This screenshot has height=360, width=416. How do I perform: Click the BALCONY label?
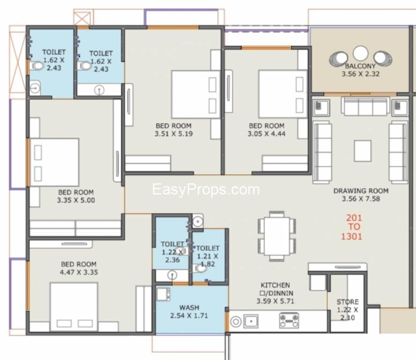[360, 66]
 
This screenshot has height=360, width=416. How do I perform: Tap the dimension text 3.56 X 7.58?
[361, 199]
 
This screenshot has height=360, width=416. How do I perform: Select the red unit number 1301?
[351, 236]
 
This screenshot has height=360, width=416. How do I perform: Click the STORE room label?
[348, 301]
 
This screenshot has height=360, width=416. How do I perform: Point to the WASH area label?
[189, 307]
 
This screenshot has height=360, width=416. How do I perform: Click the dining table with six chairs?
[277, 236]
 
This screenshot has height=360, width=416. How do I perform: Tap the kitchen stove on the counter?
[289, 321]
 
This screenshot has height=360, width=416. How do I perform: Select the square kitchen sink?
[251, 321]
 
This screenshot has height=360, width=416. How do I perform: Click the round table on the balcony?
[360, 53]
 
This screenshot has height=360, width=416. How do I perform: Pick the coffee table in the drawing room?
[363, 151]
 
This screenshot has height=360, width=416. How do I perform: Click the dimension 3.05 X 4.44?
[267, 134]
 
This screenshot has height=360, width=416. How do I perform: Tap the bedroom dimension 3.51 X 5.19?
[174, 134]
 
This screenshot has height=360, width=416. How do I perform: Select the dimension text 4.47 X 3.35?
[79, 272]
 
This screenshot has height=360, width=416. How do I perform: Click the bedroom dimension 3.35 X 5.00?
[76, 200]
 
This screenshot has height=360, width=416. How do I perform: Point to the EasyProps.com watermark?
[206, 189]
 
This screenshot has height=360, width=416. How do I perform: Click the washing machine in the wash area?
[163, 294]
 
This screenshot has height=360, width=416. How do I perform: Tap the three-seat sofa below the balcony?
[365, 106]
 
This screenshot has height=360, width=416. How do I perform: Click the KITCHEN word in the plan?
[275, 285]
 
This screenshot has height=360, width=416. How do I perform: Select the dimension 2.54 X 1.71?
[189, 315]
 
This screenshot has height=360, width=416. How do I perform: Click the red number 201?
[354, 218]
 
